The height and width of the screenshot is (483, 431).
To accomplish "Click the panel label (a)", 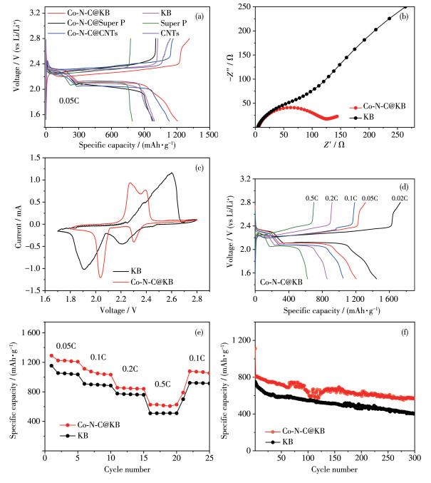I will coord(192,14).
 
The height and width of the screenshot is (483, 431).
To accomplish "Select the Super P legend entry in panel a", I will coord(153,24).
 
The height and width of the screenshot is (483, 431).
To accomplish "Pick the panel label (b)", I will coord(408,14).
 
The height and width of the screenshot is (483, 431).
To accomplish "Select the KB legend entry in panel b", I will coord(380,115).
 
